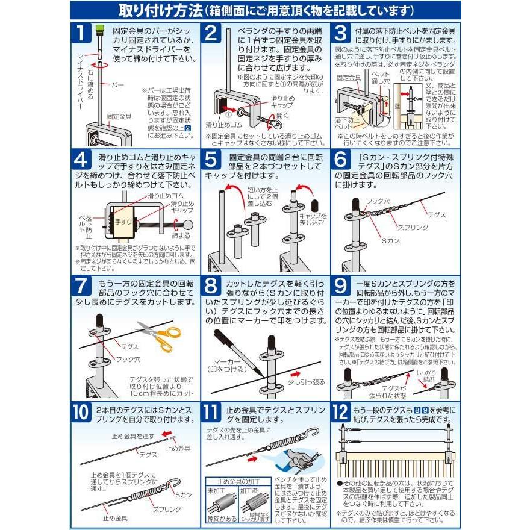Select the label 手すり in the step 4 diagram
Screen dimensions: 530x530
(x=123, y=222)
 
